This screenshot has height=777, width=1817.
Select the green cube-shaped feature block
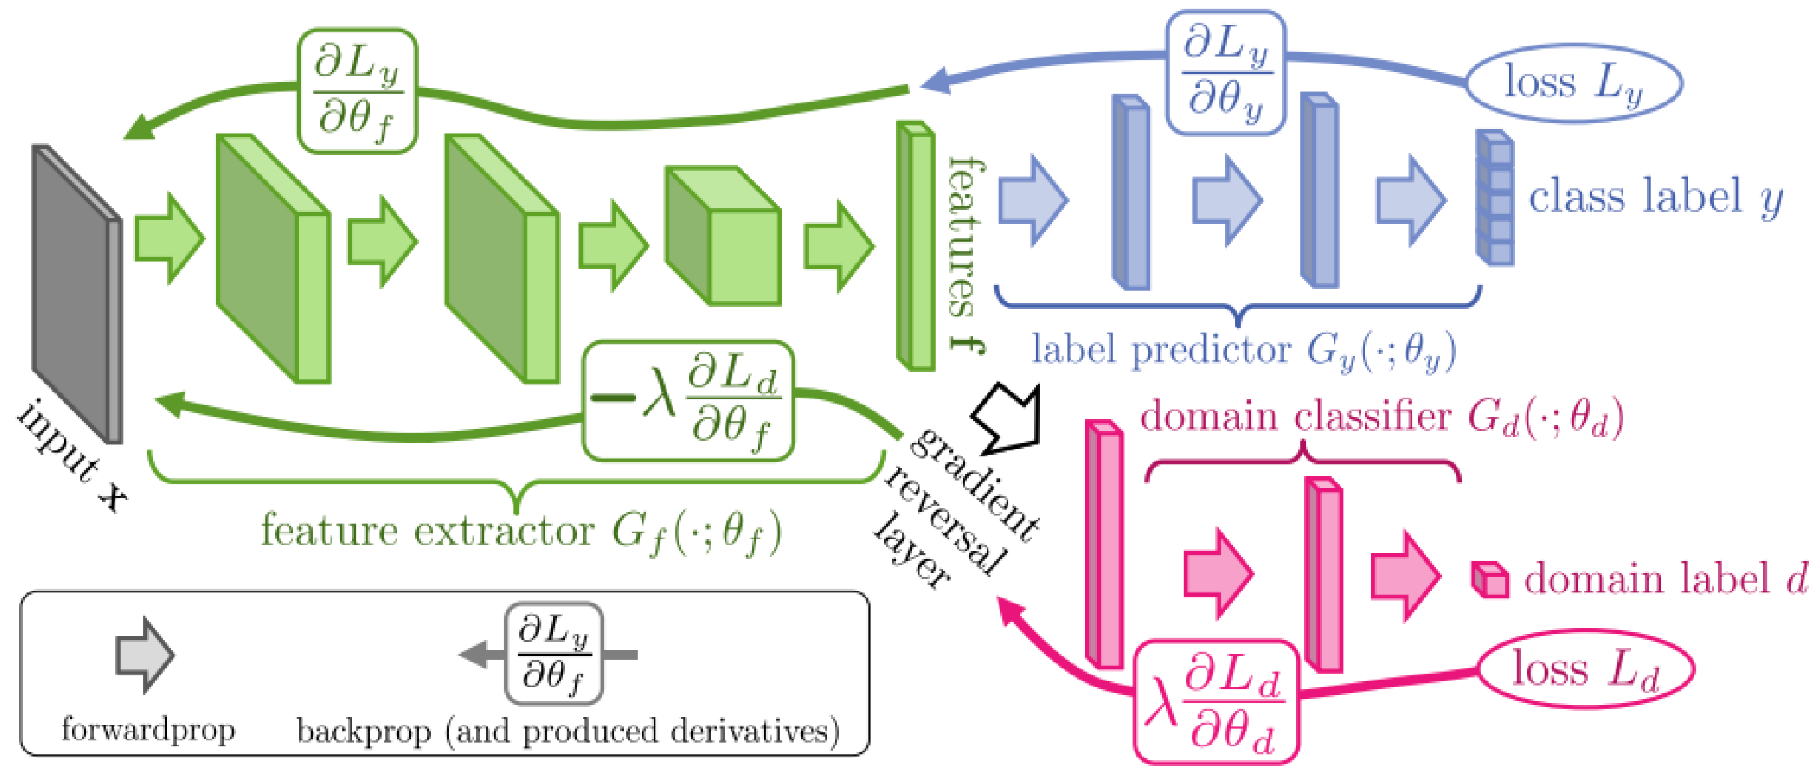pyautogui.click(x=723, y=236)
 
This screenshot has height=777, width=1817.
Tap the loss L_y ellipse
pyautogui.click(x=1574, y=83)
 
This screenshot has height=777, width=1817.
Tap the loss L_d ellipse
pyautogui.click(x=1585, y=668)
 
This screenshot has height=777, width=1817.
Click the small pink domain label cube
pyautogui.click(x=1490, y=580)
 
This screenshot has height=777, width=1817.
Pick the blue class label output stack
pyautogui.click(x=1495, y=198)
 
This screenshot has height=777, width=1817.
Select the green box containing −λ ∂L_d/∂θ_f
pyautogui.click(x=688, y=401)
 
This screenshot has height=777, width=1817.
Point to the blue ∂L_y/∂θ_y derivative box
pyautogui.click(x=1225, y=73)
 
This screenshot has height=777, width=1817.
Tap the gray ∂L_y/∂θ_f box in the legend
pyautogui.click(x=554, y=654)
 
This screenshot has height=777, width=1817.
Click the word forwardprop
pyautogui.click(x=148, y=729)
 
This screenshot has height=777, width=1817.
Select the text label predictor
pyautogui.click(x=1160, y=349)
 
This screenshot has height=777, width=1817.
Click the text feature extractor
pyautogui.click(x=427, y=530)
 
